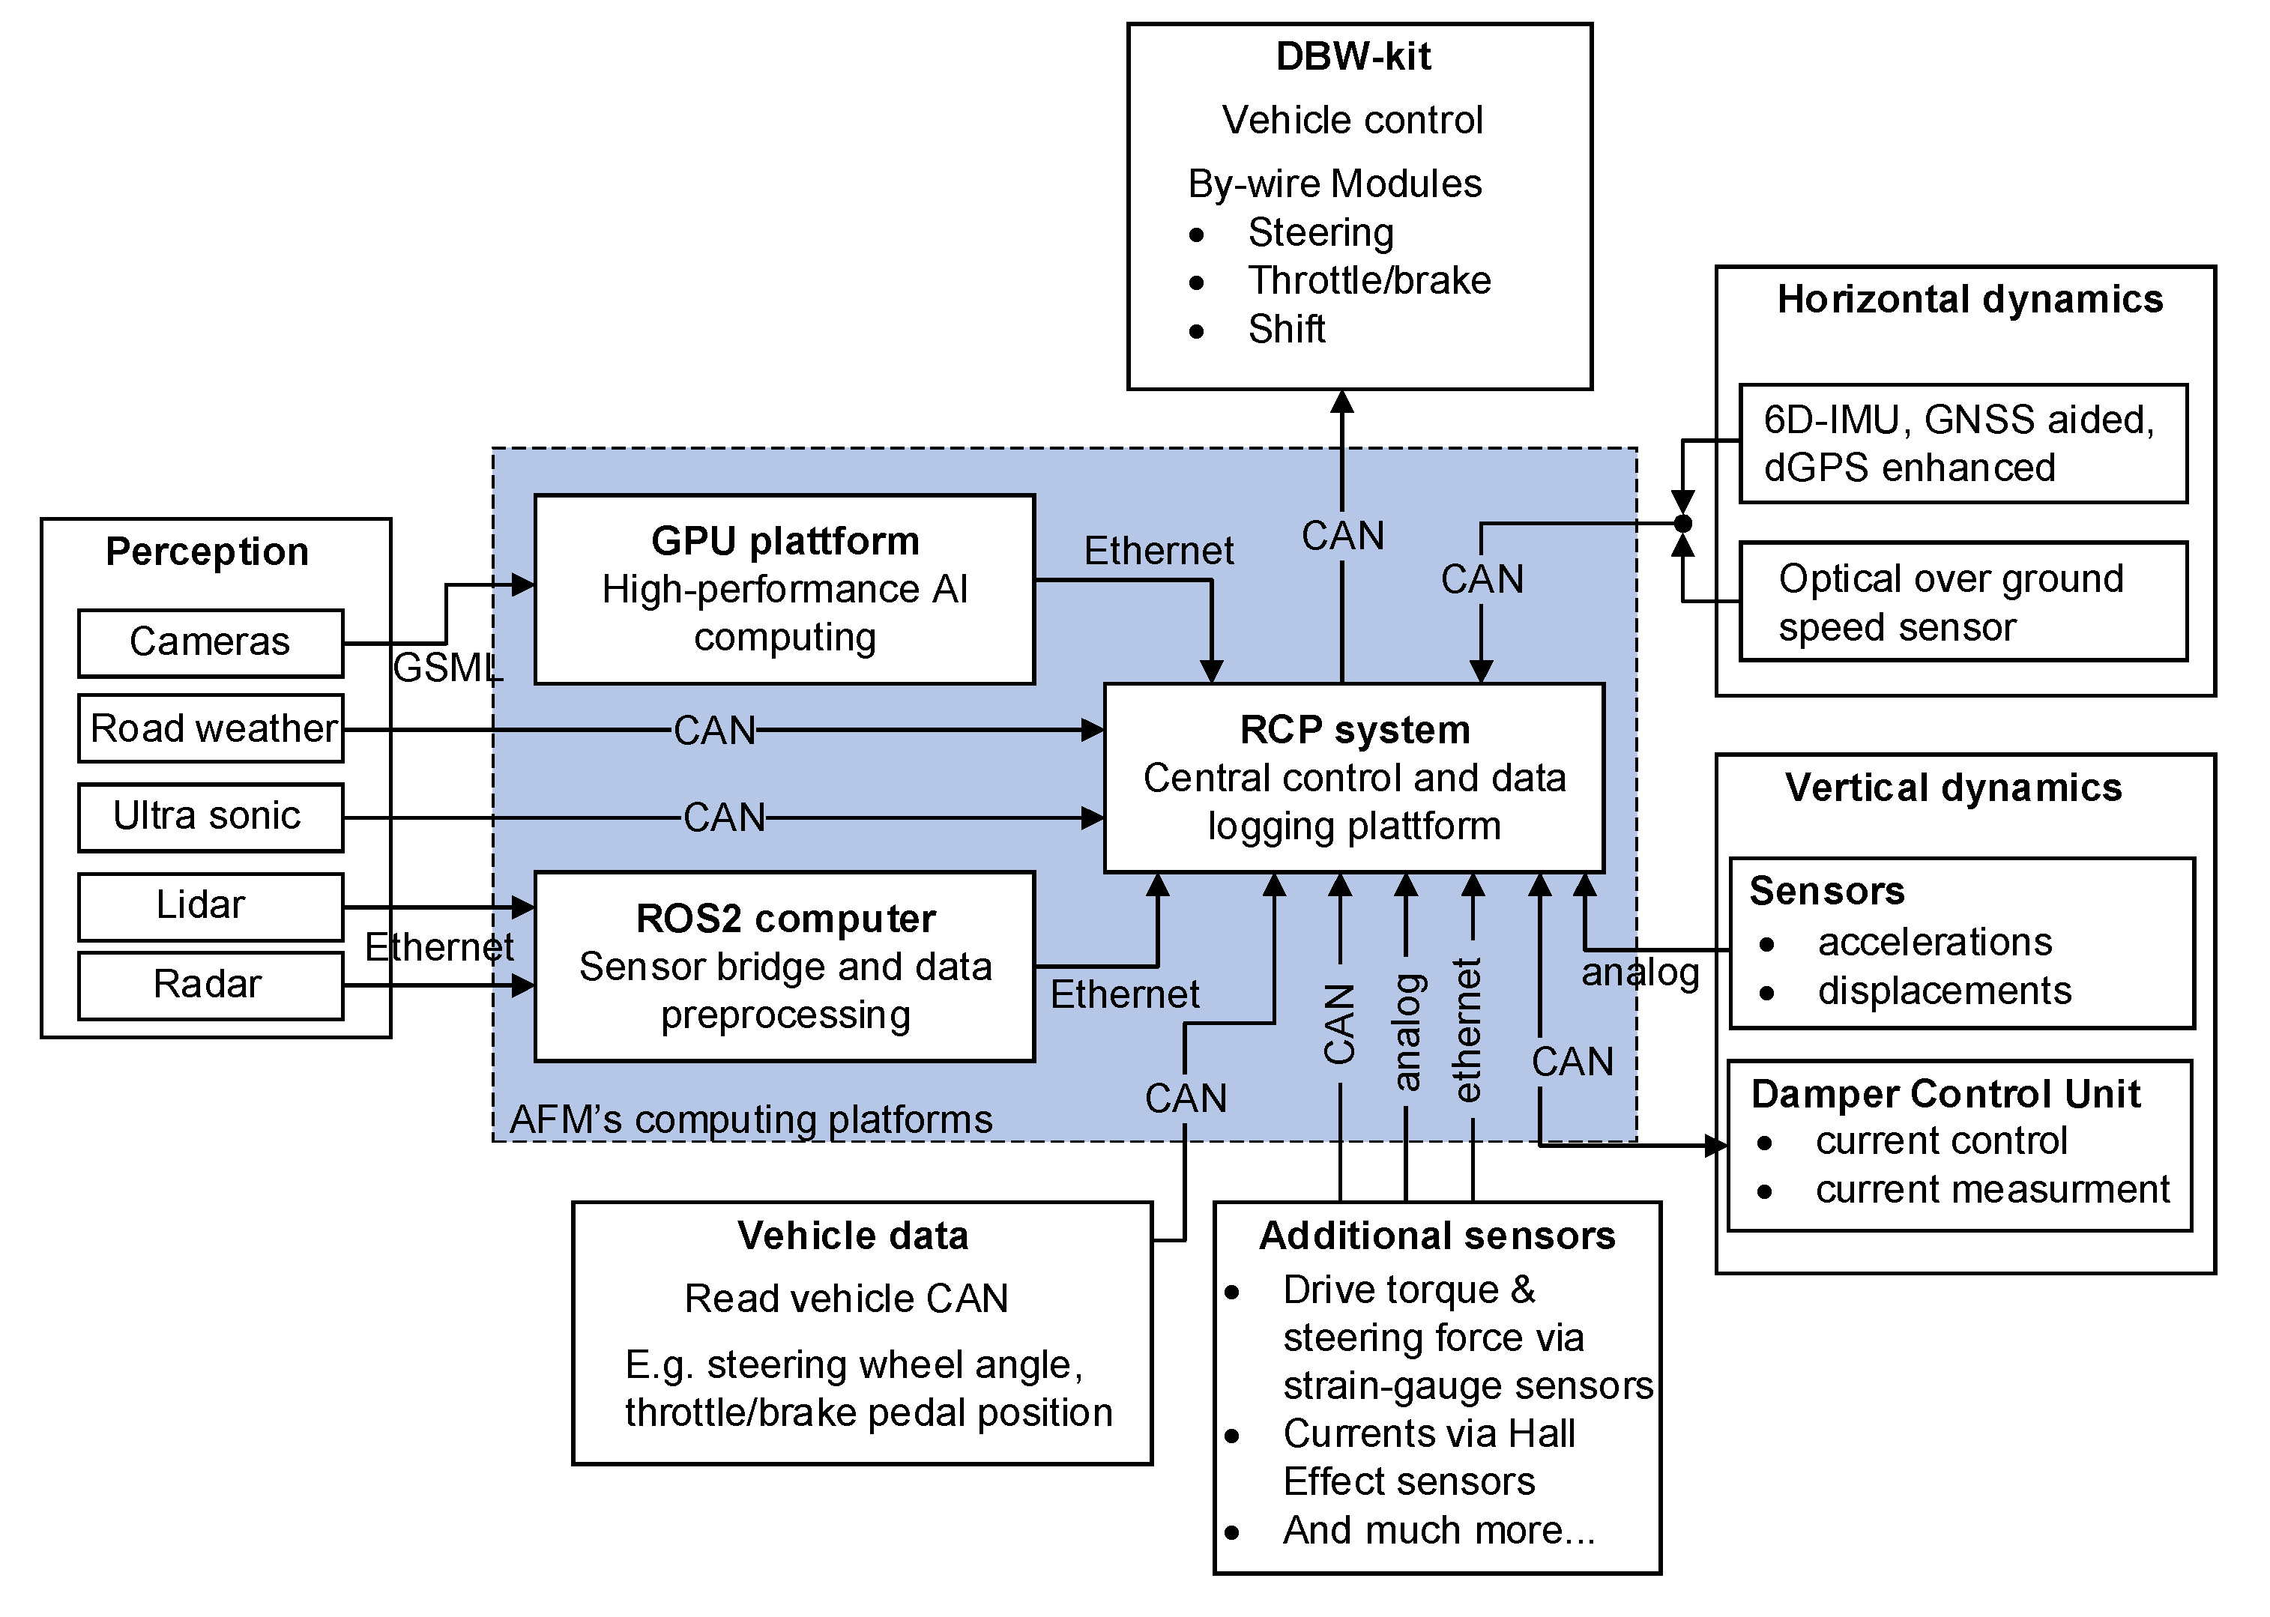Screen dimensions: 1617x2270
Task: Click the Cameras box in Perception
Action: pyautogui.click(x=210, y=642)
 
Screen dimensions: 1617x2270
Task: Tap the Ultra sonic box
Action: pyautogui.click(x=210, y=817)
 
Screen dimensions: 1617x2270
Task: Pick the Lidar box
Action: pyautogui.click(x=210, y=905)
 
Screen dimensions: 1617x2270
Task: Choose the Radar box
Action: pyautogui.click(x=210, y=985)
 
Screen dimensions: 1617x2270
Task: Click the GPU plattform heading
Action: pyautogui.click(x=785, y=541)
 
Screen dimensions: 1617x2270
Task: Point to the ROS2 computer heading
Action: pyautogui.click(x=785, y=918)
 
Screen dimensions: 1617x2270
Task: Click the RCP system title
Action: pyautogui.click(x=1354, y=730)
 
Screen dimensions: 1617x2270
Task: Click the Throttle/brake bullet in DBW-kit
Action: pyautogui.click(x=1369, y=281)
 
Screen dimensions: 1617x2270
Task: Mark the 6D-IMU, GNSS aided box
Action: pyautogui.click(x=1962, y=443)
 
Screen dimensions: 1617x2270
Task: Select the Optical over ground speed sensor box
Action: pyautogui.click(x=1962, y=602)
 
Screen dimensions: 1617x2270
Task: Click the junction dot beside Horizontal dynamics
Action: pyautogui.click(x=1682, y=524)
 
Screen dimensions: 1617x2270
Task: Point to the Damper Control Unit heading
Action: pyautogui.click(x=1946, y=1093)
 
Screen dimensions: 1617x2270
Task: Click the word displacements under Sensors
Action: pyautogui.click(x=1943, y=991)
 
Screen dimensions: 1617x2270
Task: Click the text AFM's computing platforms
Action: pyautogui.click(x=751, y=1119)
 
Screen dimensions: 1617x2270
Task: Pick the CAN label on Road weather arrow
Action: pyautogui.click(x=714, y=731)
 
